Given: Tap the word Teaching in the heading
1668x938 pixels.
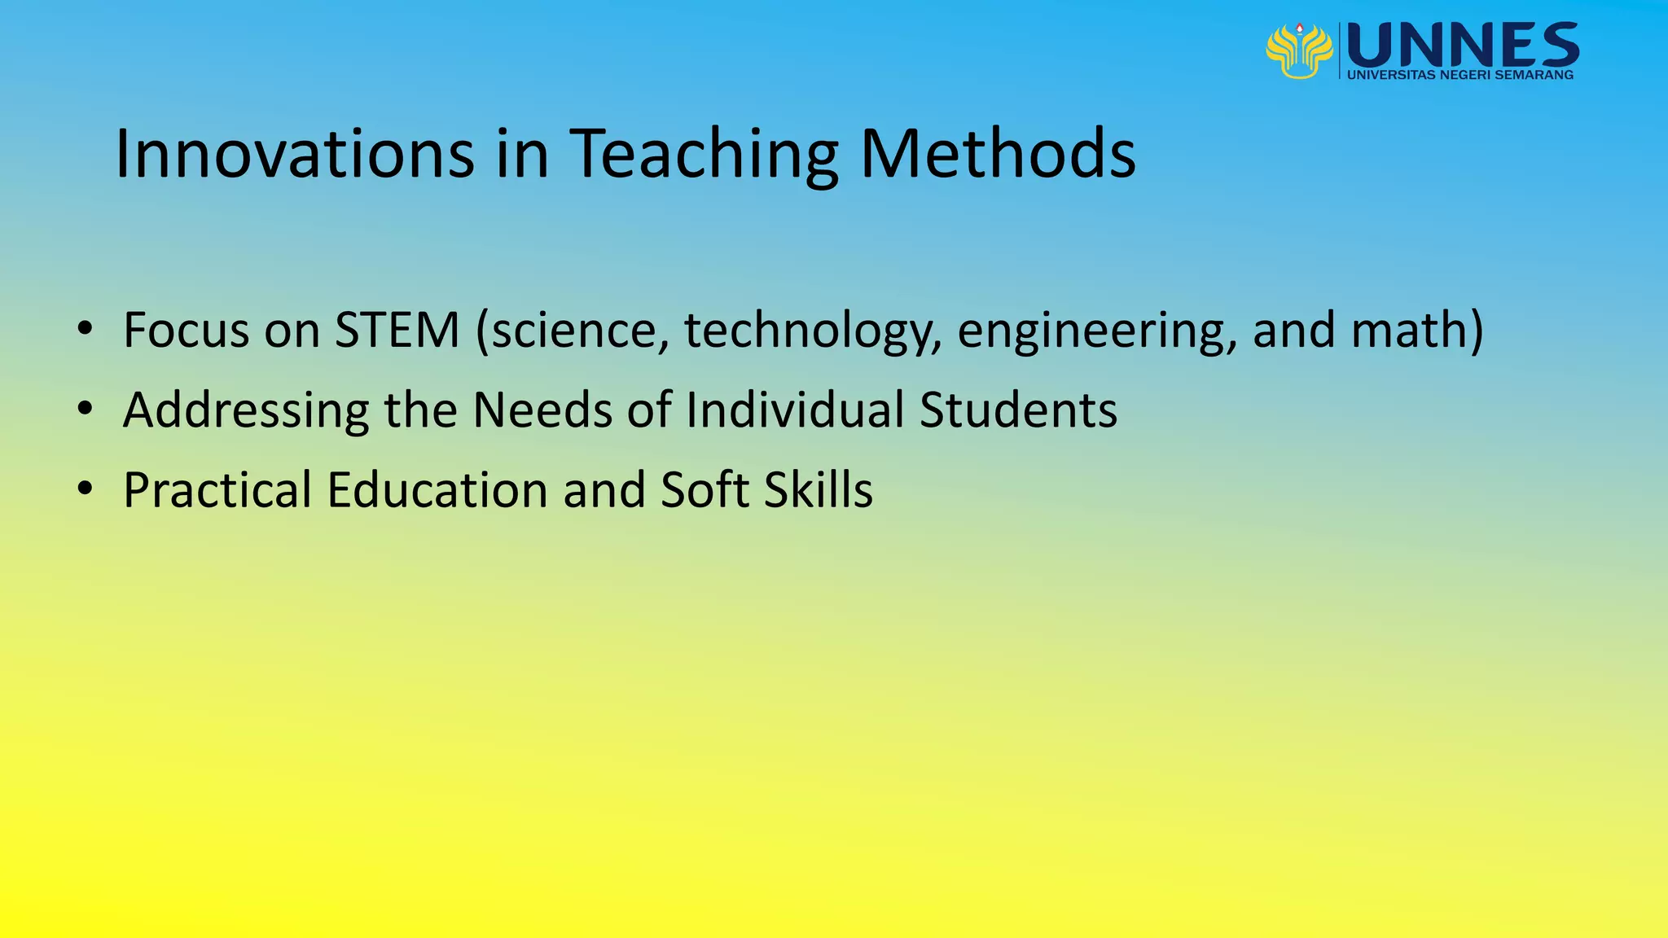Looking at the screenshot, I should pyautogui.click(x=704, y=155).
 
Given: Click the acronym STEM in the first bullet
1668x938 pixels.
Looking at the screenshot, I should pyautogui.click(x=397, y=330).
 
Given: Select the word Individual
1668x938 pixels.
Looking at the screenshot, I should pyautogui.click(x=795, y=409).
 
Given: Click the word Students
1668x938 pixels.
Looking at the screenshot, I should pyautogui.click(x=1018, y=409).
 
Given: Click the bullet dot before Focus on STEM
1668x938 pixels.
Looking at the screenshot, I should pyautogui.click(x=86, y=330).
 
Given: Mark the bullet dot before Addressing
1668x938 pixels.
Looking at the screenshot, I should pyautogui.click(x=86, y=410).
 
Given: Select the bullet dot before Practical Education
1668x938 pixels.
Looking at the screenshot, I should pyautogui.click(x=86, y=489).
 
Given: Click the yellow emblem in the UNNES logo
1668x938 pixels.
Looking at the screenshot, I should pyautogui.click(x=1299, y=50).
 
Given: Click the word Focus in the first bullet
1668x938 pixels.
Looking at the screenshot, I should pyautogui.click(x=187, y=330).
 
